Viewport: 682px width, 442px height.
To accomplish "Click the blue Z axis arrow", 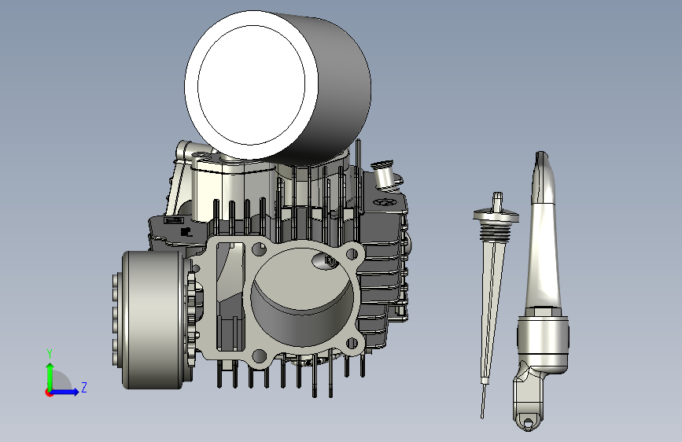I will [68, 391].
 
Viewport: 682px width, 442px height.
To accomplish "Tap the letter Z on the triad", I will [83, 387].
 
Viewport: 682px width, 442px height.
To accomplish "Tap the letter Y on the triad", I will [49, 353].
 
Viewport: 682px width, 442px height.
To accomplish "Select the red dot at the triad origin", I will [50, 392].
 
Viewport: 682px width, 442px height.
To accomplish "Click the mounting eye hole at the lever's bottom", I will [526, 422].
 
